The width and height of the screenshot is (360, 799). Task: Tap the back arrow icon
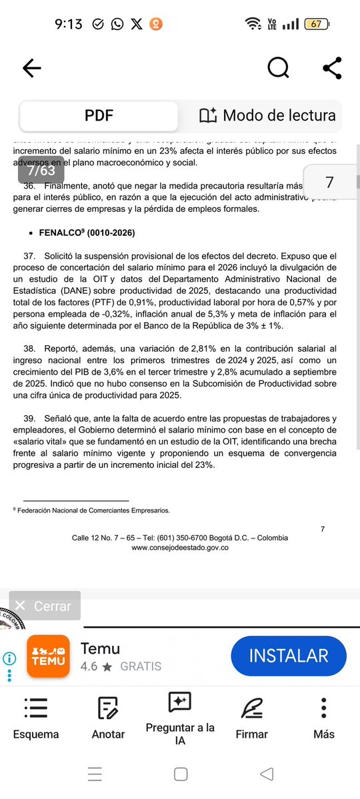tap(31, 67)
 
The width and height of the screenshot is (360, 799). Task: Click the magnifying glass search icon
tap(278, 67)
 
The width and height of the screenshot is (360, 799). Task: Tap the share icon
tap(331, 67)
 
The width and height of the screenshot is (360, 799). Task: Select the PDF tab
tap(99, 116)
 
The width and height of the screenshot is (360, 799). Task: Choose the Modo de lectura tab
tap(267, 116)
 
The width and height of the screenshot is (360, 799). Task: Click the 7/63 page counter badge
tap(41, 170)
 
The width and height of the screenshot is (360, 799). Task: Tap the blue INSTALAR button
tap(288, 655)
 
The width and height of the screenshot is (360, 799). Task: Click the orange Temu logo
tap(48, 656)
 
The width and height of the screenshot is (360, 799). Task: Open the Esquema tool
tap(36, 718)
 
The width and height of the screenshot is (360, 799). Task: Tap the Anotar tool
tap(108, 718)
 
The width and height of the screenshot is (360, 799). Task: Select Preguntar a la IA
tap(180, 718)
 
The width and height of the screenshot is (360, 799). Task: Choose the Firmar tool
tap(251, 718)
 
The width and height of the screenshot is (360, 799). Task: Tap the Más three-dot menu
tap(323, 718)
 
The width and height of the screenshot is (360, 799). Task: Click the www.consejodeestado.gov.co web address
tap(180, 547)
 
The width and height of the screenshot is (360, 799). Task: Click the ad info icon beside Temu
tap(9, 658)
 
